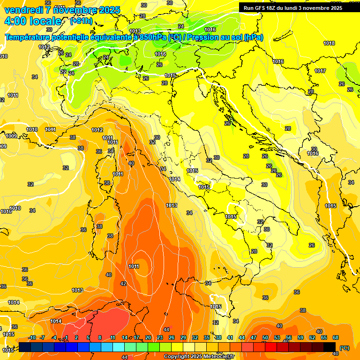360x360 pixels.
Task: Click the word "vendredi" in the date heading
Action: (x=23, y=10)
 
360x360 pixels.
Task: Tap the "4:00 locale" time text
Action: (x=32, y=21)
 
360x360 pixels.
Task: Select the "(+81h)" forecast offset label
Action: (x=81, y=21)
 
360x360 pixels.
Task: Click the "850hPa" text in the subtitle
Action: (x=153, y=37)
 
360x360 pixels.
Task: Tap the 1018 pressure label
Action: (x=329, y=43)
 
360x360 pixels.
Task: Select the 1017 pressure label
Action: (x=320, y=71)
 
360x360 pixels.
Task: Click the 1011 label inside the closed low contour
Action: (x=134, y=266)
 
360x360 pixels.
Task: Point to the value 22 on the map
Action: (x=63, y=72)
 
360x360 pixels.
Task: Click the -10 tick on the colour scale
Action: (x=32, y=338)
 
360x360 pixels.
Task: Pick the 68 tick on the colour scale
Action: (x=336, y=338)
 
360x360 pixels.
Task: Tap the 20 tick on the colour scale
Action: (x=148, y=338)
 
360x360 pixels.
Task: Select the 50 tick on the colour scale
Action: (x=265, y=338)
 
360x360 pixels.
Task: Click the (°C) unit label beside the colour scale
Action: (x=344, y=347)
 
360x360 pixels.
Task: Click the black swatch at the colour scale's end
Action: (x=330, y=347)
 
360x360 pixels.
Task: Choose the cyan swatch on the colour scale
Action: (x=119, y=347)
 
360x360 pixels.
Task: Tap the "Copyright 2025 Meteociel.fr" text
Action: (x=199, y=356)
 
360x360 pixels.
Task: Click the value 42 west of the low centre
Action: (x=123, y=284)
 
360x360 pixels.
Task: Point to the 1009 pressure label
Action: (x=11, y=136)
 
